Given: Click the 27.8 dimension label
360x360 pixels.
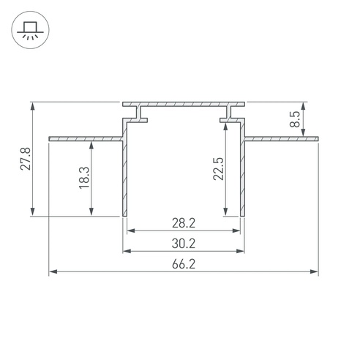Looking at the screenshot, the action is (x=26, y=159).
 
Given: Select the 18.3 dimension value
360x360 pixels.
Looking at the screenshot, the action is (x=84, y=178).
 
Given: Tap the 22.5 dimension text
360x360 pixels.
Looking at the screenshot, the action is (x=218, y=169).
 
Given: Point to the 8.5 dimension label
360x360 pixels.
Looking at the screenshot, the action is (x=295, y=119).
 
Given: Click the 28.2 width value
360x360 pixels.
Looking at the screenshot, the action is (x=184, y=223).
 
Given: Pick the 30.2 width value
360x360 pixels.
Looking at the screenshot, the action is (x=184, y=244).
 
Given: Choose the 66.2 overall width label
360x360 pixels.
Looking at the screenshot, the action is (x=184, y=264).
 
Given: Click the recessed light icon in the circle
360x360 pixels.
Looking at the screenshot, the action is (x=30, y=30).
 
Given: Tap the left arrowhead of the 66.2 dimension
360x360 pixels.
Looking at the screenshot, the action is (x=53, y=271).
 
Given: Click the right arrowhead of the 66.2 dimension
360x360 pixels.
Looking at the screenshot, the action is (x=314, y=271).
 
